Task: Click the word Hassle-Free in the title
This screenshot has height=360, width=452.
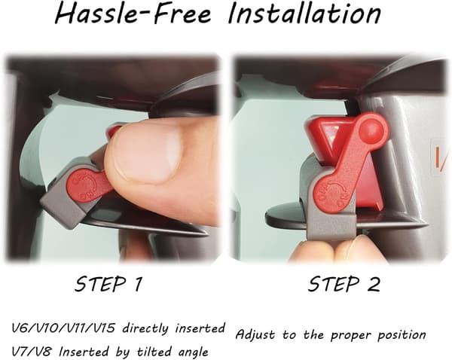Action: [133, 14]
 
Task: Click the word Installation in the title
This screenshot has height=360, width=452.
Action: [304, 14]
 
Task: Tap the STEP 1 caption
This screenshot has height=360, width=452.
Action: [108, 284]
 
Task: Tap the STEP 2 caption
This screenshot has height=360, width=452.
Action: [344, 284]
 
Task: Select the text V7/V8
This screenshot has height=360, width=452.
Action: [32, 352]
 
